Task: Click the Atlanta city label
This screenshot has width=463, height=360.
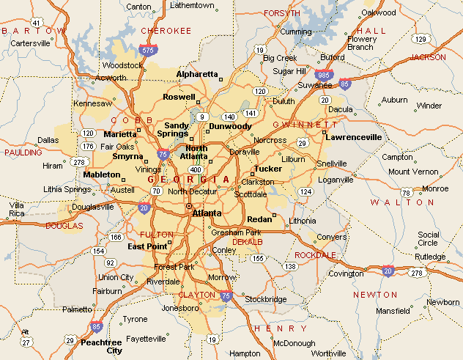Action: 207,213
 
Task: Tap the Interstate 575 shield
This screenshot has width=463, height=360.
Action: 149,51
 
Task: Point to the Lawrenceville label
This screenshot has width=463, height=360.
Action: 354,136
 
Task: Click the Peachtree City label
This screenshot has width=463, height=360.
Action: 102,346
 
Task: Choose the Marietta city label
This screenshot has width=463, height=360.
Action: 120,134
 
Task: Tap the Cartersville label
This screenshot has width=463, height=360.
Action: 30,43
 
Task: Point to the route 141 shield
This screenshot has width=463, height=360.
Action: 251,113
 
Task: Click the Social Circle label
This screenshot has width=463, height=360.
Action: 428,239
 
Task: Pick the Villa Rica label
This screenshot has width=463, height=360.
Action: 15,210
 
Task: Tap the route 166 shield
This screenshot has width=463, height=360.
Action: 115,237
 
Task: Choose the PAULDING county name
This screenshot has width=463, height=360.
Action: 23,153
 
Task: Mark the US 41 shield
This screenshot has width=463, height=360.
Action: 36,23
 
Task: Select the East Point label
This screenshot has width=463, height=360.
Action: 147,246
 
